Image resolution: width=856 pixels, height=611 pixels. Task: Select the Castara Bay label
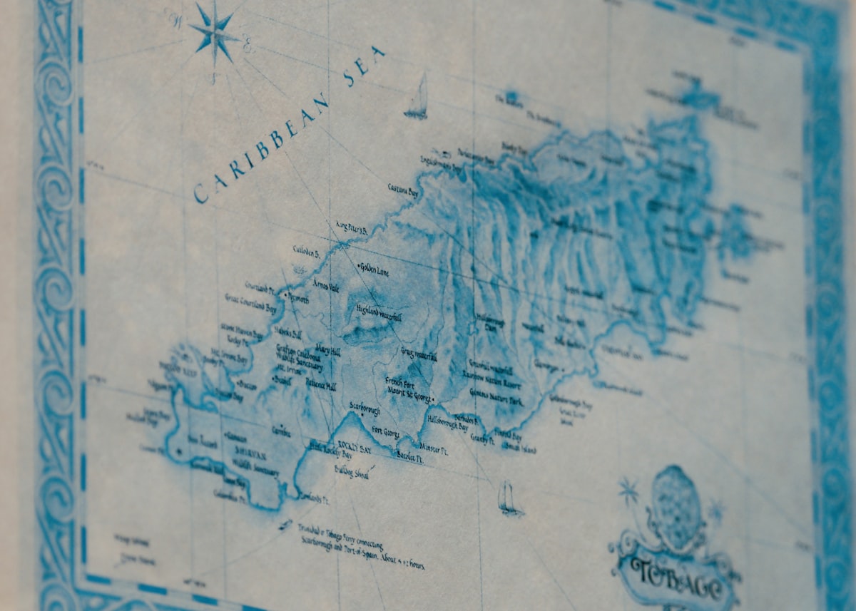tap(403, 189)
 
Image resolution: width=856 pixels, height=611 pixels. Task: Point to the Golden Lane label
tap(374, 269)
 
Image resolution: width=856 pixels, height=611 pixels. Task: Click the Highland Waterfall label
tap(379, 312)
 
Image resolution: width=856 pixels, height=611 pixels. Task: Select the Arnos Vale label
tap(325, 285)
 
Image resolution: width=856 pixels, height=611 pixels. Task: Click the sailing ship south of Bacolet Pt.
tap(509, 498)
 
